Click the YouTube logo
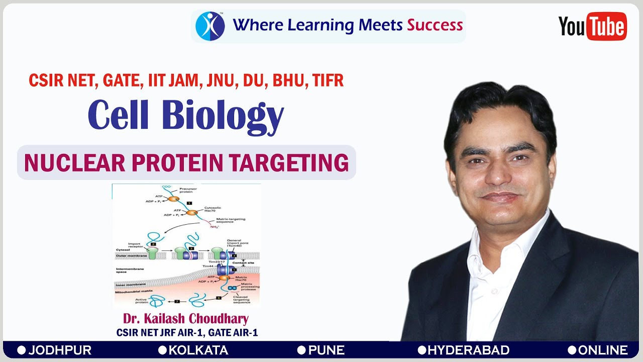pos(592,26)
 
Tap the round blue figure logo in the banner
pos(210,26)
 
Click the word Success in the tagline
pos(435,25)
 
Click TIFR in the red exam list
pos(328,80)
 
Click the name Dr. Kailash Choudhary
pos(186,319)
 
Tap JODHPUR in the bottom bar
pos(60,350)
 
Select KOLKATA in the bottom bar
pos(198,350)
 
